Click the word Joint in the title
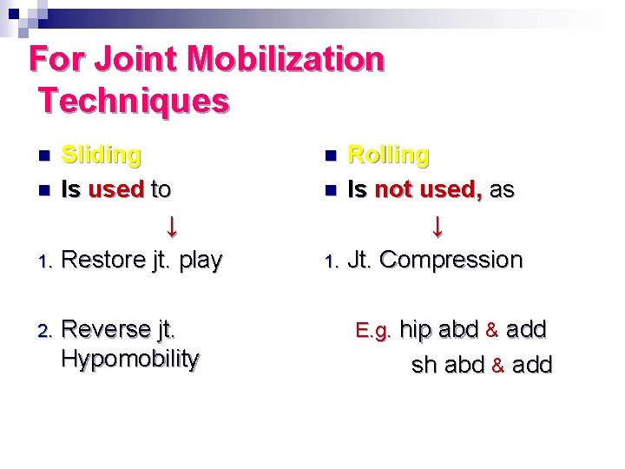click(135, 60)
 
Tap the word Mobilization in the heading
click(286, 60)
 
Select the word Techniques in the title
click(134, 101)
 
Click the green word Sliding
click(102, 155)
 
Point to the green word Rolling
click(388, 155)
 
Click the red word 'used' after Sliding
click(115, 188)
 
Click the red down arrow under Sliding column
click(172, 227)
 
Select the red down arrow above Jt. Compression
click(437, 227)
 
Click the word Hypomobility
click(130, 358)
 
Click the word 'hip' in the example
click(415, 330)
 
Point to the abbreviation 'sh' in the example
click(424, 365)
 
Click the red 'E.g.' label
click(375, 331)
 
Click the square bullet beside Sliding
click(44, 156)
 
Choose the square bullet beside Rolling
click(329, 156)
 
